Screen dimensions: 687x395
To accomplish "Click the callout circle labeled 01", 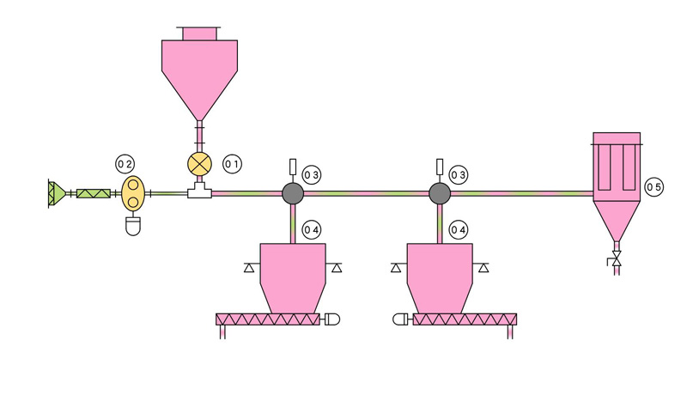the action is click(x=232, y=164).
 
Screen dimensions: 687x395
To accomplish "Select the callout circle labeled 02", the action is click(x=125, y=164).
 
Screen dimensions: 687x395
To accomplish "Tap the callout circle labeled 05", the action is click(x=654, y=187).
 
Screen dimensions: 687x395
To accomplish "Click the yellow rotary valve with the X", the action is click(x=200, y=164).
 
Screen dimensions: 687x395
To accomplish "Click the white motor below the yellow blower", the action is click(x=133, y=227).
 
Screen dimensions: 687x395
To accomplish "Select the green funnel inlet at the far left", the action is click(x=57, y=193).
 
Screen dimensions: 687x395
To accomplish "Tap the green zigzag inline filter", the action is click(x=94, y=193).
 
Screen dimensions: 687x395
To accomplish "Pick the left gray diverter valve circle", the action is click(x=293, y=193).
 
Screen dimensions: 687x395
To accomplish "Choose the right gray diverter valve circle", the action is click(x=440, y=193).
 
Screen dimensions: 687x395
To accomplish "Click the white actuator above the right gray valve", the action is click(x=440, y=167).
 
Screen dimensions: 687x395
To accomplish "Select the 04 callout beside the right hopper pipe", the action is click(x=459, y=230).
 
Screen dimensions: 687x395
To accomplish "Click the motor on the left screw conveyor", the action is click(x=332, y=319).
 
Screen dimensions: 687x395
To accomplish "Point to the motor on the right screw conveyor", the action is click(x=400, y=319).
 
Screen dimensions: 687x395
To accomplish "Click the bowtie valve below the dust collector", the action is click(x=617, y=258).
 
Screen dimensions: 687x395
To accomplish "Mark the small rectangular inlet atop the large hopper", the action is click(x=200, y=33).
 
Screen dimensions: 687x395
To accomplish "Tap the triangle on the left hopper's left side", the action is click(x=249, y=268).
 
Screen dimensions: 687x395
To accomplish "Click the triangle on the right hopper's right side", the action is click(x=483, y=268).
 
